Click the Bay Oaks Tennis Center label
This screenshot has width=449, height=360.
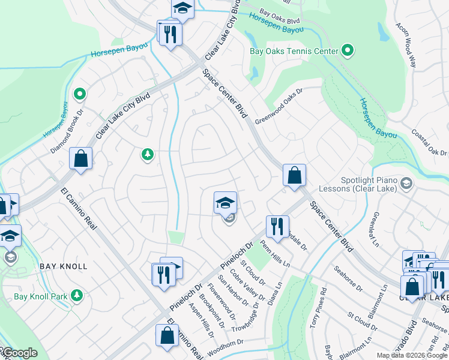(294, 51)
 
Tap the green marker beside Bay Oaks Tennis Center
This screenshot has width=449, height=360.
(347, 50)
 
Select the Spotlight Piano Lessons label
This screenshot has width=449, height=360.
(363, 185)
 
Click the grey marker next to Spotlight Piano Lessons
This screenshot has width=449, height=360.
(406, 183)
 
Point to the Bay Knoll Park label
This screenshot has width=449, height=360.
(39, 296)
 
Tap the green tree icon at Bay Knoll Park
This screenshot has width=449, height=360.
(76, 295)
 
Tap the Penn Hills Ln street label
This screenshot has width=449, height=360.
(275, 254)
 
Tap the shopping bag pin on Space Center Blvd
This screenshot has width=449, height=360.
(294, 175)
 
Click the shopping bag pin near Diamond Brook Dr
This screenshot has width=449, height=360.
(80, 159)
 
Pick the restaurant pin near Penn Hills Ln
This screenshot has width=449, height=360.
(277, 227)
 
